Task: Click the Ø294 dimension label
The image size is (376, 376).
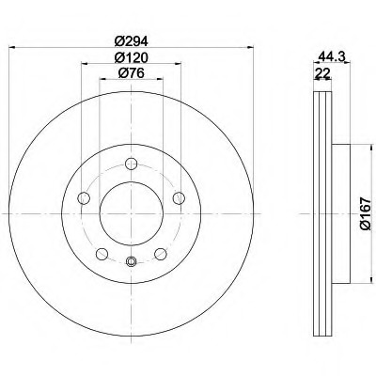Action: [131, 40]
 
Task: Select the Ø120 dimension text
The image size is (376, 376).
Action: [131, 57]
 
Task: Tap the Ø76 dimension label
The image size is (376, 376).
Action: [131, 73]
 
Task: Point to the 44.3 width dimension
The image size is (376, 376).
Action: [332, 56]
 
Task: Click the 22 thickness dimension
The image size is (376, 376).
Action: [322, 73]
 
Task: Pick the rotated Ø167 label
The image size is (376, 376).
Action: [366, 214]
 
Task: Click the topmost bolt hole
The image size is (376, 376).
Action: [131, 164]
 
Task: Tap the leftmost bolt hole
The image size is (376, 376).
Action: [84, 198]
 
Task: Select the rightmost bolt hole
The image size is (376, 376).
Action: [179, 198]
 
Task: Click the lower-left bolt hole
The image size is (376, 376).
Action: [102, 254]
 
